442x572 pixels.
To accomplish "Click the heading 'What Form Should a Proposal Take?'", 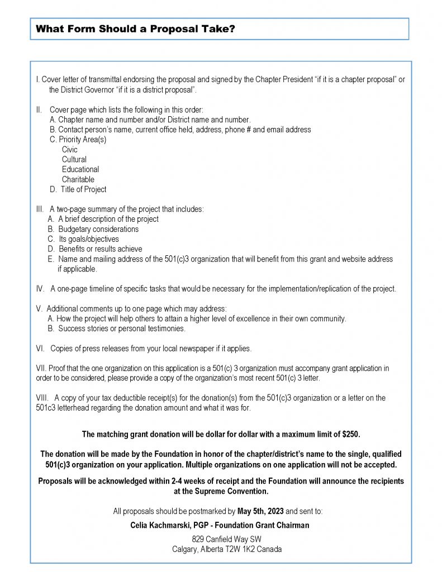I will click(135, 30).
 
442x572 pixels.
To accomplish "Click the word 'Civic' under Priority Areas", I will click(70, 150).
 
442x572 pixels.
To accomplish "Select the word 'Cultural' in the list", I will click(74, 160).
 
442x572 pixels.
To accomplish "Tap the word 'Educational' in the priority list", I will click(80, 169).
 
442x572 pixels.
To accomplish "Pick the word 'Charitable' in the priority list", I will click(78, 179).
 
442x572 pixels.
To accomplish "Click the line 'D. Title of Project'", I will click(78, 189).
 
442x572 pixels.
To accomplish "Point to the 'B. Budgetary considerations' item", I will click(93, 229).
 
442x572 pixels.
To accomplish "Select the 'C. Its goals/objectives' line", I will click(83, 239).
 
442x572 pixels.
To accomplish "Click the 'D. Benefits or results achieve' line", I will click(95, 249).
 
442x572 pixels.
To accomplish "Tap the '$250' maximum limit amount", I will click(353, 434).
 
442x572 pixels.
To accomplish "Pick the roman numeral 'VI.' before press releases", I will click(41, 349).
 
